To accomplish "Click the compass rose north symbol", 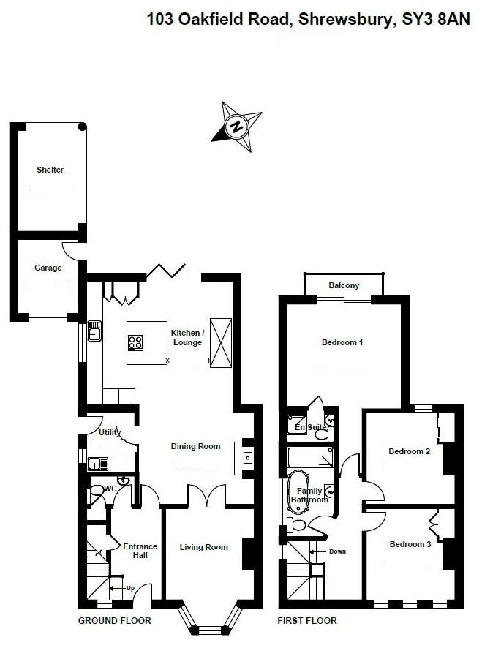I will pos(236,126).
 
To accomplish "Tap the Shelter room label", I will pos(50,170).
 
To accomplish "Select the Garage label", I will pos(48,268).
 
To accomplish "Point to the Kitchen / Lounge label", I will pos(187,337).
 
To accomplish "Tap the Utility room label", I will pos(109,432).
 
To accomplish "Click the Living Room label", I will pos(204,547).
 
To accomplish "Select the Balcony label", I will pos(343,285).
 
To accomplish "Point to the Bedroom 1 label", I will pos(342,342).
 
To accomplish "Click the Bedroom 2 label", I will pos(409,451).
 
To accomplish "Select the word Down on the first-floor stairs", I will pos(337,551).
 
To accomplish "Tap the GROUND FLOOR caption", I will pos(114,621).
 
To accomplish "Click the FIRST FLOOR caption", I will pos(307,621).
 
